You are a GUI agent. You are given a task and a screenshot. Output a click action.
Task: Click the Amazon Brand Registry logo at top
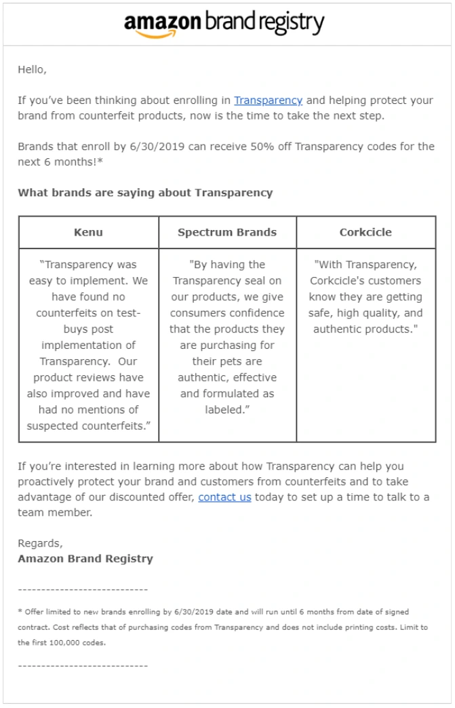click(224, 24)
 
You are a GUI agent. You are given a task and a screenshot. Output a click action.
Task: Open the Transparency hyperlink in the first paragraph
click(268, 100)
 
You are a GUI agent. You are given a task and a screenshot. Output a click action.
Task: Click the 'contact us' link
click(224, 497)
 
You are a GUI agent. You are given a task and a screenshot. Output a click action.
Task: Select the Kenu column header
click(89, 232)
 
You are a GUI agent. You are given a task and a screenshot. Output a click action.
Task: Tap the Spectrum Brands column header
click(227, 232)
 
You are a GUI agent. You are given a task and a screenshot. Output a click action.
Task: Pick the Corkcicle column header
click(365, 232)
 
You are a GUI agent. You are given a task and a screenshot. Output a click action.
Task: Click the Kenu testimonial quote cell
click(89, 345)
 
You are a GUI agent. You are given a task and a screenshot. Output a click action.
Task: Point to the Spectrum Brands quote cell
click(227, 337)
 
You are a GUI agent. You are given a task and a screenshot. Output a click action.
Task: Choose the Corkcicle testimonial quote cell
click(365, 297)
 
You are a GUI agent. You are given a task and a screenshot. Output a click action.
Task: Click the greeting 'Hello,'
click(32, 69)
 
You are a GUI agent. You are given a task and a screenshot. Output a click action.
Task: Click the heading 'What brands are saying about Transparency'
click(145, 193)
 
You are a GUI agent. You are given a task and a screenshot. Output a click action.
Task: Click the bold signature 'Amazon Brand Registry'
click(85, 559)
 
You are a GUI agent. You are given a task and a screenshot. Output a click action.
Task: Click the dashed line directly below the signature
click(83, 590)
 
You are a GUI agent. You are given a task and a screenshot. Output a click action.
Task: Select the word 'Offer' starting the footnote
click(34, 612)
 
